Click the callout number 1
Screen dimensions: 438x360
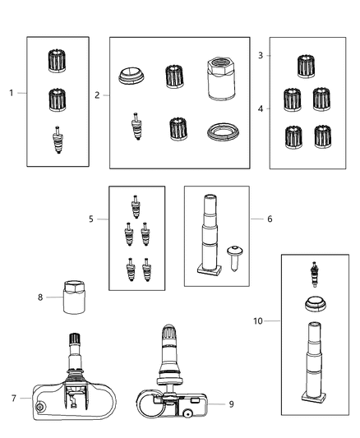pyautogui.click(x=12, y=93)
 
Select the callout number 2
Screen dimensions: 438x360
pyautogui.click(x=97, y=95)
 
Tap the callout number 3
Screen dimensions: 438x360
pyautogui.click(x=260, y=55)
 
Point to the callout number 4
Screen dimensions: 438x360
pyautogui.click(x=260, y=108)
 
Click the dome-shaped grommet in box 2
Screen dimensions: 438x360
pyautogui.click(x=132, y=76)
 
